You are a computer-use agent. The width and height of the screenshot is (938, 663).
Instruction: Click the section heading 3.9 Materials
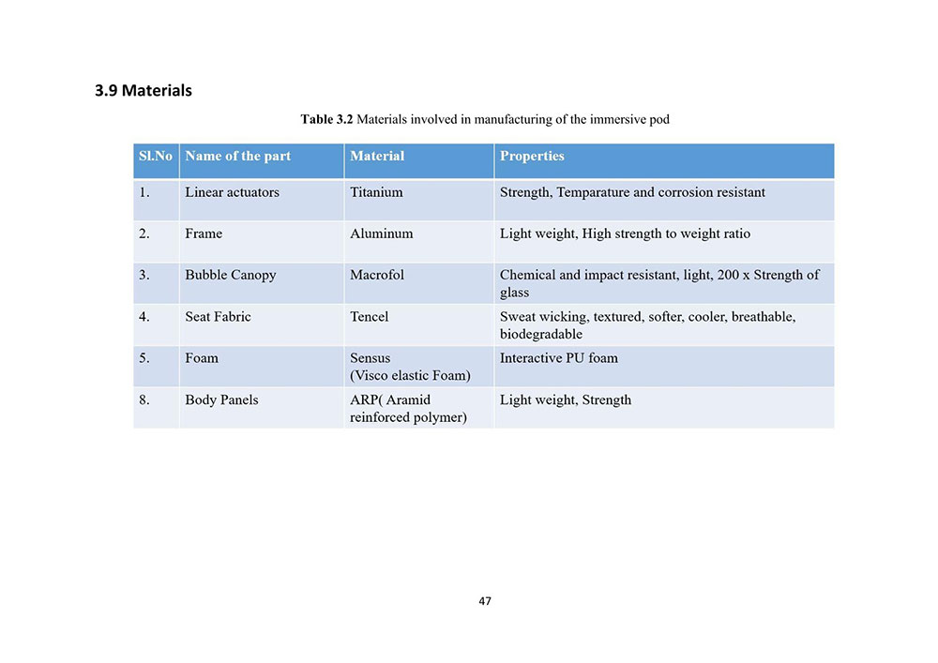coord(144,91)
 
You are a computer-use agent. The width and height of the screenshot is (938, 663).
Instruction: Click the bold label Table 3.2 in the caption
coord(326,119)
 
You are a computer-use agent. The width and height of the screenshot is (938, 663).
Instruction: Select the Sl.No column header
coord(156,156)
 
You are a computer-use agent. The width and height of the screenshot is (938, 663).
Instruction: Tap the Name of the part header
coord(237,156)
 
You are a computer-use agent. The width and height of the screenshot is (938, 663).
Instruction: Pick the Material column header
coord(377,156)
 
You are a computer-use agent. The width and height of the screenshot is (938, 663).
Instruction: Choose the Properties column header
coord(532,156)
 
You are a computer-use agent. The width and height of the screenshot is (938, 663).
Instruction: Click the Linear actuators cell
coord(232,192)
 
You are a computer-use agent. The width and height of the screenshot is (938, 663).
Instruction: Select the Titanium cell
coord(376,192)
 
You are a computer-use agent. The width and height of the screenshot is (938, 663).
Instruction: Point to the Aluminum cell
coord(381,234)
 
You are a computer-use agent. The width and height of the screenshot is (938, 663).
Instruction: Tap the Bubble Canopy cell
coord(230,275)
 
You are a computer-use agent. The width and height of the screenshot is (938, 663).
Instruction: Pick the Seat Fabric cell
coord(218,316)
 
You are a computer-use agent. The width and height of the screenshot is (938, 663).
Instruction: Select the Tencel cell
coord(369,316)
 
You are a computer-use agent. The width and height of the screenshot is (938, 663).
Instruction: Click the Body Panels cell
coord(221,399)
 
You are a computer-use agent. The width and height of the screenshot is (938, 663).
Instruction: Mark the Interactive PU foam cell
coord(559,357)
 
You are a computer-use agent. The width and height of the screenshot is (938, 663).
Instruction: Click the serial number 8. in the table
coord(144,399)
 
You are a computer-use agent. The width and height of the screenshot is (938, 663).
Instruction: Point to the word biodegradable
coord(541,334)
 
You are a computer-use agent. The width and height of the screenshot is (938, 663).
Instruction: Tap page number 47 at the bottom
coord(484,601)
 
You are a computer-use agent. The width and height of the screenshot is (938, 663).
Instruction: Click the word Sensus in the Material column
coord(371,357)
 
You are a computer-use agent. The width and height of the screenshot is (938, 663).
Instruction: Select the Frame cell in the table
coord(204,234)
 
